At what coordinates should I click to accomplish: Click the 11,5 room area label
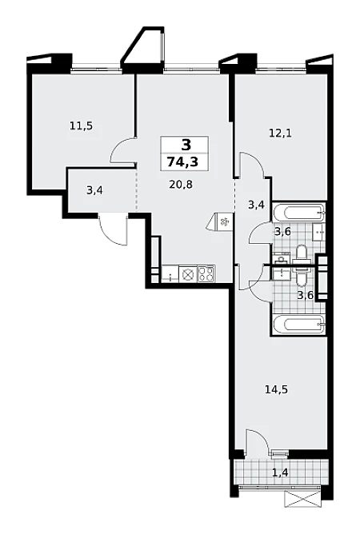click(81, 126)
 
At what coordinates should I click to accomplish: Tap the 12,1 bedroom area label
click(280, 133)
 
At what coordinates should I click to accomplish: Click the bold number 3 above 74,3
click(186, 145)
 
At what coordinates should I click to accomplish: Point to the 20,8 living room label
click(181, 185)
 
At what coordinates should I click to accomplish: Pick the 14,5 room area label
click(277, 389)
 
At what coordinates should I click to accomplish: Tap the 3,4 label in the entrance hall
click(94, 190)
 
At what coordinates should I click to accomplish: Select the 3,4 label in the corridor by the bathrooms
click(256, 205)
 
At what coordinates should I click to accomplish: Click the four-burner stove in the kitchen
click(206, 274)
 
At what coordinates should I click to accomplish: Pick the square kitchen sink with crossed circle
click(186, 274)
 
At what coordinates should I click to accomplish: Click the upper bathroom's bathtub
click(299, 212)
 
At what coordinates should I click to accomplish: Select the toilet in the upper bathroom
click(302, 253)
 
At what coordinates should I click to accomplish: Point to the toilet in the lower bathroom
click(302, 277)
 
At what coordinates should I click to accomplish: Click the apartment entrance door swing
click(113, 229)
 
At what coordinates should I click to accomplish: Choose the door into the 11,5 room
click(123, 151)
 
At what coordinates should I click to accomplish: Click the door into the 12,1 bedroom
click(251, 165)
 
